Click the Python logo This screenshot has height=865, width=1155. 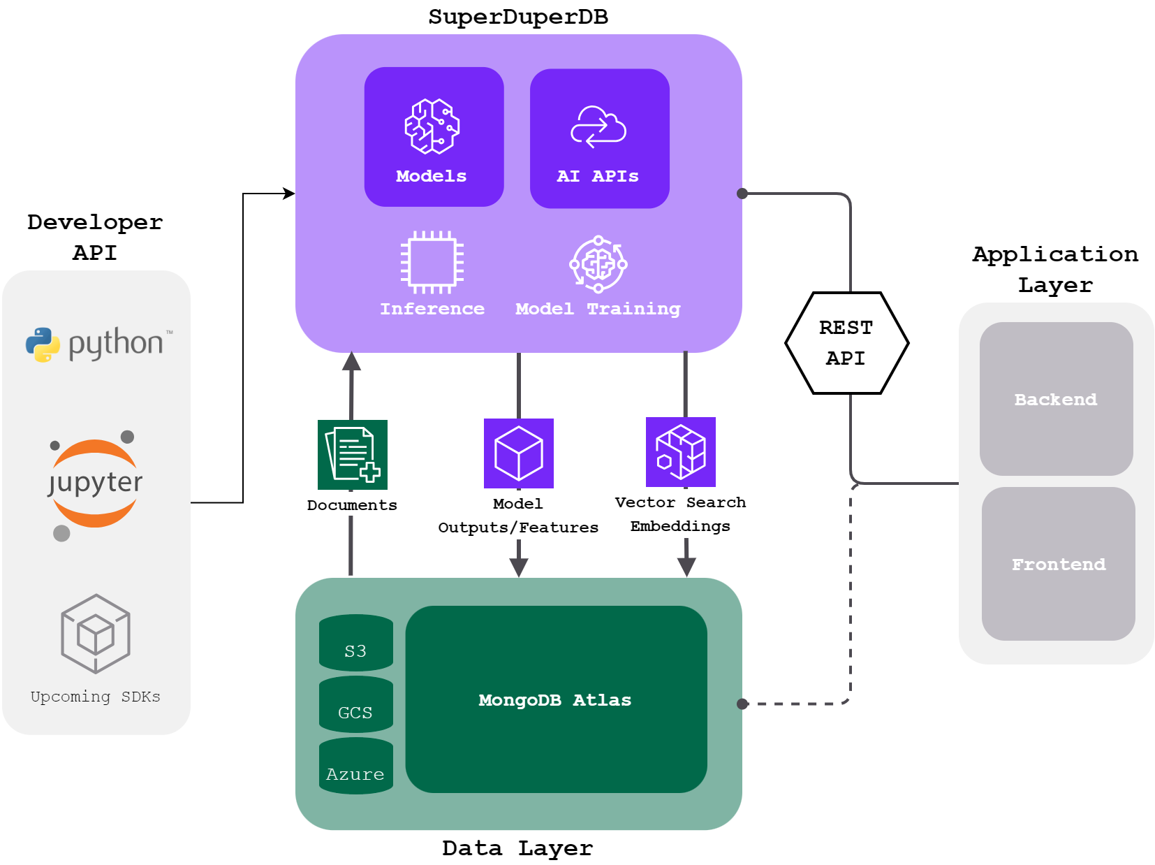point(98,344)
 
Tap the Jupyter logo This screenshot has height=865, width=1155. point(95,484)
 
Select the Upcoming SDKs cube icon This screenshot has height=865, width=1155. point(96,633)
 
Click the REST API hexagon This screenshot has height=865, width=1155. point(846,343)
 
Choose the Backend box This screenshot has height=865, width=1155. point(1056,399)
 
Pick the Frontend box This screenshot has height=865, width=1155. point(1058,564)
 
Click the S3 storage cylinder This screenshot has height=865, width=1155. point(355,643)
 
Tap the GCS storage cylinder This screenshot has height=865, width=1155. point(355,704)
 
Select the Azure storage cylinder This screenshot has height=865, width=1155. point(355,766)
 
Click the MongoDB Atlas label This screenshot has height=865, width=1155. point(555,700)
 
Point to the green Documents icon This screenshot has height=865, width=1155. point(353,455)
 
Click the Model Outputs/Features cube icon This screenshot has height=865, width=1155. point(519,453)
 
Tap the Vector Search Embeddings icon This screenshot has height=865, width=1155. point(681,452)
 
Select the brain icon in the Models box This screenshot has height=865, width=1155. point(432,126)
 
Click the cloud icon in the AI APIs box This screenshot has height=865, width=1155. point(598,126)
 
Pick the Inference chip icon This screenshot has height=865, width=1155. point(432,263)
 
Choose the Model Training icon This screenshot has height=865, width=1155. point(598,264)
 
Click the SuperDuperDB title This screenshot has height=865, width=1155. point(518,17)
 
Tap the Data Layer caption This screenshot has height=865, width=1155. point(517,848)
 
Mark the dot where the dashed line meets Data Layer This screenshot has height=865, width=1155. point(742,704)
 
